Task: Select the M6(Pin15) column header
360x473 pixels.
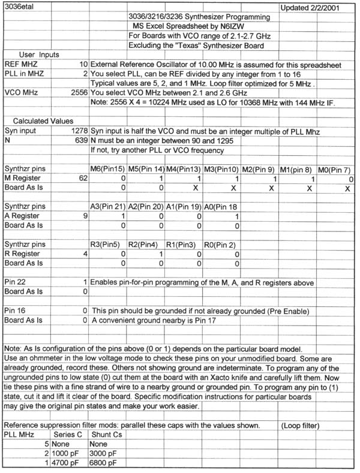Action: (x=107, y=169)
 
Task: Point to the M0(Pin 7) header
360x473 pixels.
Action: (x=335, y=169)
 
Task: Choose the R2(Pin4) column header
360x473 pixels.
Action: (x=144, y=245)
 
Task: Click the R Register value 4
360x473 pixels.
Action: (x=85, y=254)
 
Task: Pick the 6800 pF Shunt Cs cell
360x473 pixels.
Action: (x=106, y=463)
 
